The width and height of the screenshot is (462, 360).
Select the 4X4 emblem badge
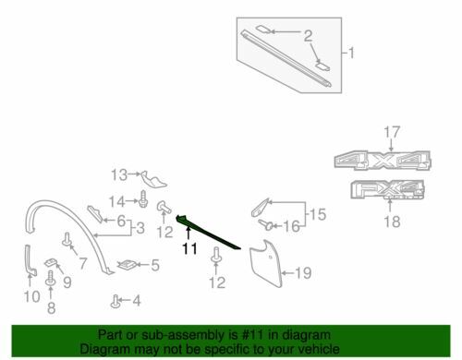(379, 162)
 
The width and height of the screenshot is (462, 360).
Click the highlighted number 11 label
(190, 248)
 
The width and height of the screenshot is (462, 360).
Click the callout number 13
(118, 174)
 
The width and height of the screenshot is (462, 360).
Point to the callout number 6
(121, 221)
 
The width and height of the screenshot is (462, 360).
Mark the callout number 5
(155, 266)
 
